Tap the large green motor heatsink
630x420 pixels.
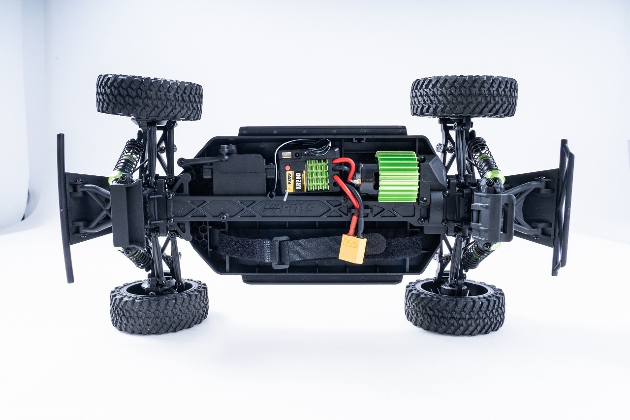[397, 176]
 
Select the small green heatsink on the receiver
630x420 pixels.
[317, 175]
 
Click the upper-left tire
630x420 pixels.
[149, 97]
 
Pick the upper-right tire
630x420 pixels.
[464, 97]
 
